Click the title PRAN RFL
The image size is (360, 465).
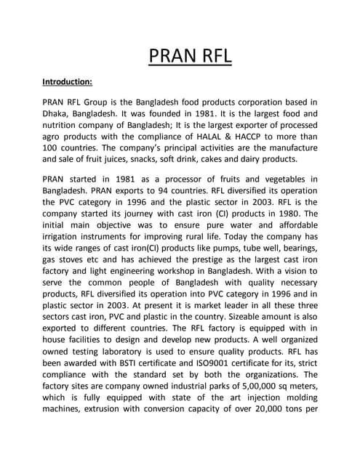(180, 55)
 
